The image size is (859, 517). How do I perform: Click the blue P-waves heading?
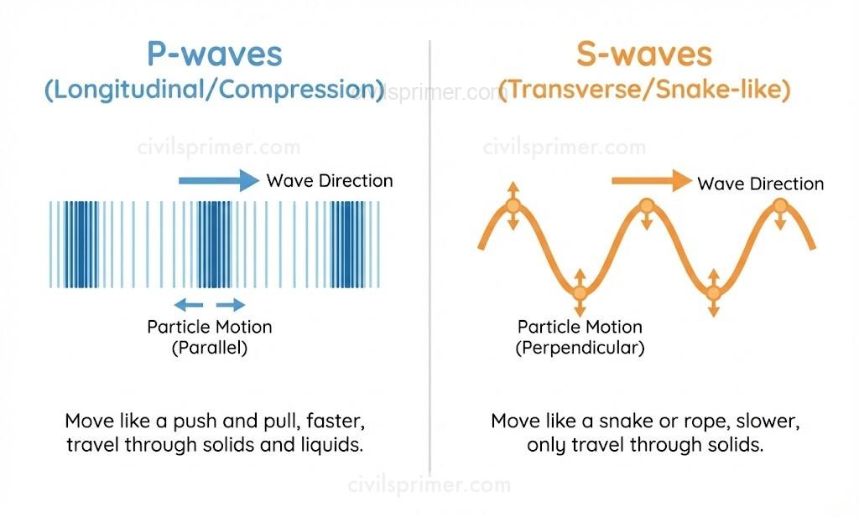point(215,55)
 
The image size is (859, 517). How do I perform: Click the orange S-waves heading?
point(644,55)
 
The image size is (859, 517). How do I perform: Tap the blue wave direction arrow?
point(219,179)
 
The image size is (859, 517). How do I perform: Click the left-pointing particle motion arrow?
point(188,304)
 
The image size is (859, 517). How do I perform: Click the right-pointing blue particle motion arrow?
point(231,304)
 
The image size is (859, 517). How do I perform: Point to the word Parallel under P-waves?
point(210,348)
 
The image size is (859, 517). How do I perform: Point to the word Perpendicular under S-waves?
point(580,348)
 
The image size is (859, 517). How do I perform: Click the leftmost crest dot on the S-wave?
point(512,205)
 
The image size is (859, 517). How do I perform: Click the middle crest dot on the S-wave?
point(646,205)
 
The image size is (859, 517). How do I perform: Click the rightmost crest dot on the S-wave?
point(780,205)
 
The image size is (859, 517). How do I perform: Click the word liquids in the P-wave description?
point(331,445)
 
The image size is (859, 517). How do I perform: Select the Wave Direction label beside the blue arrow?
point(329,180)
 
